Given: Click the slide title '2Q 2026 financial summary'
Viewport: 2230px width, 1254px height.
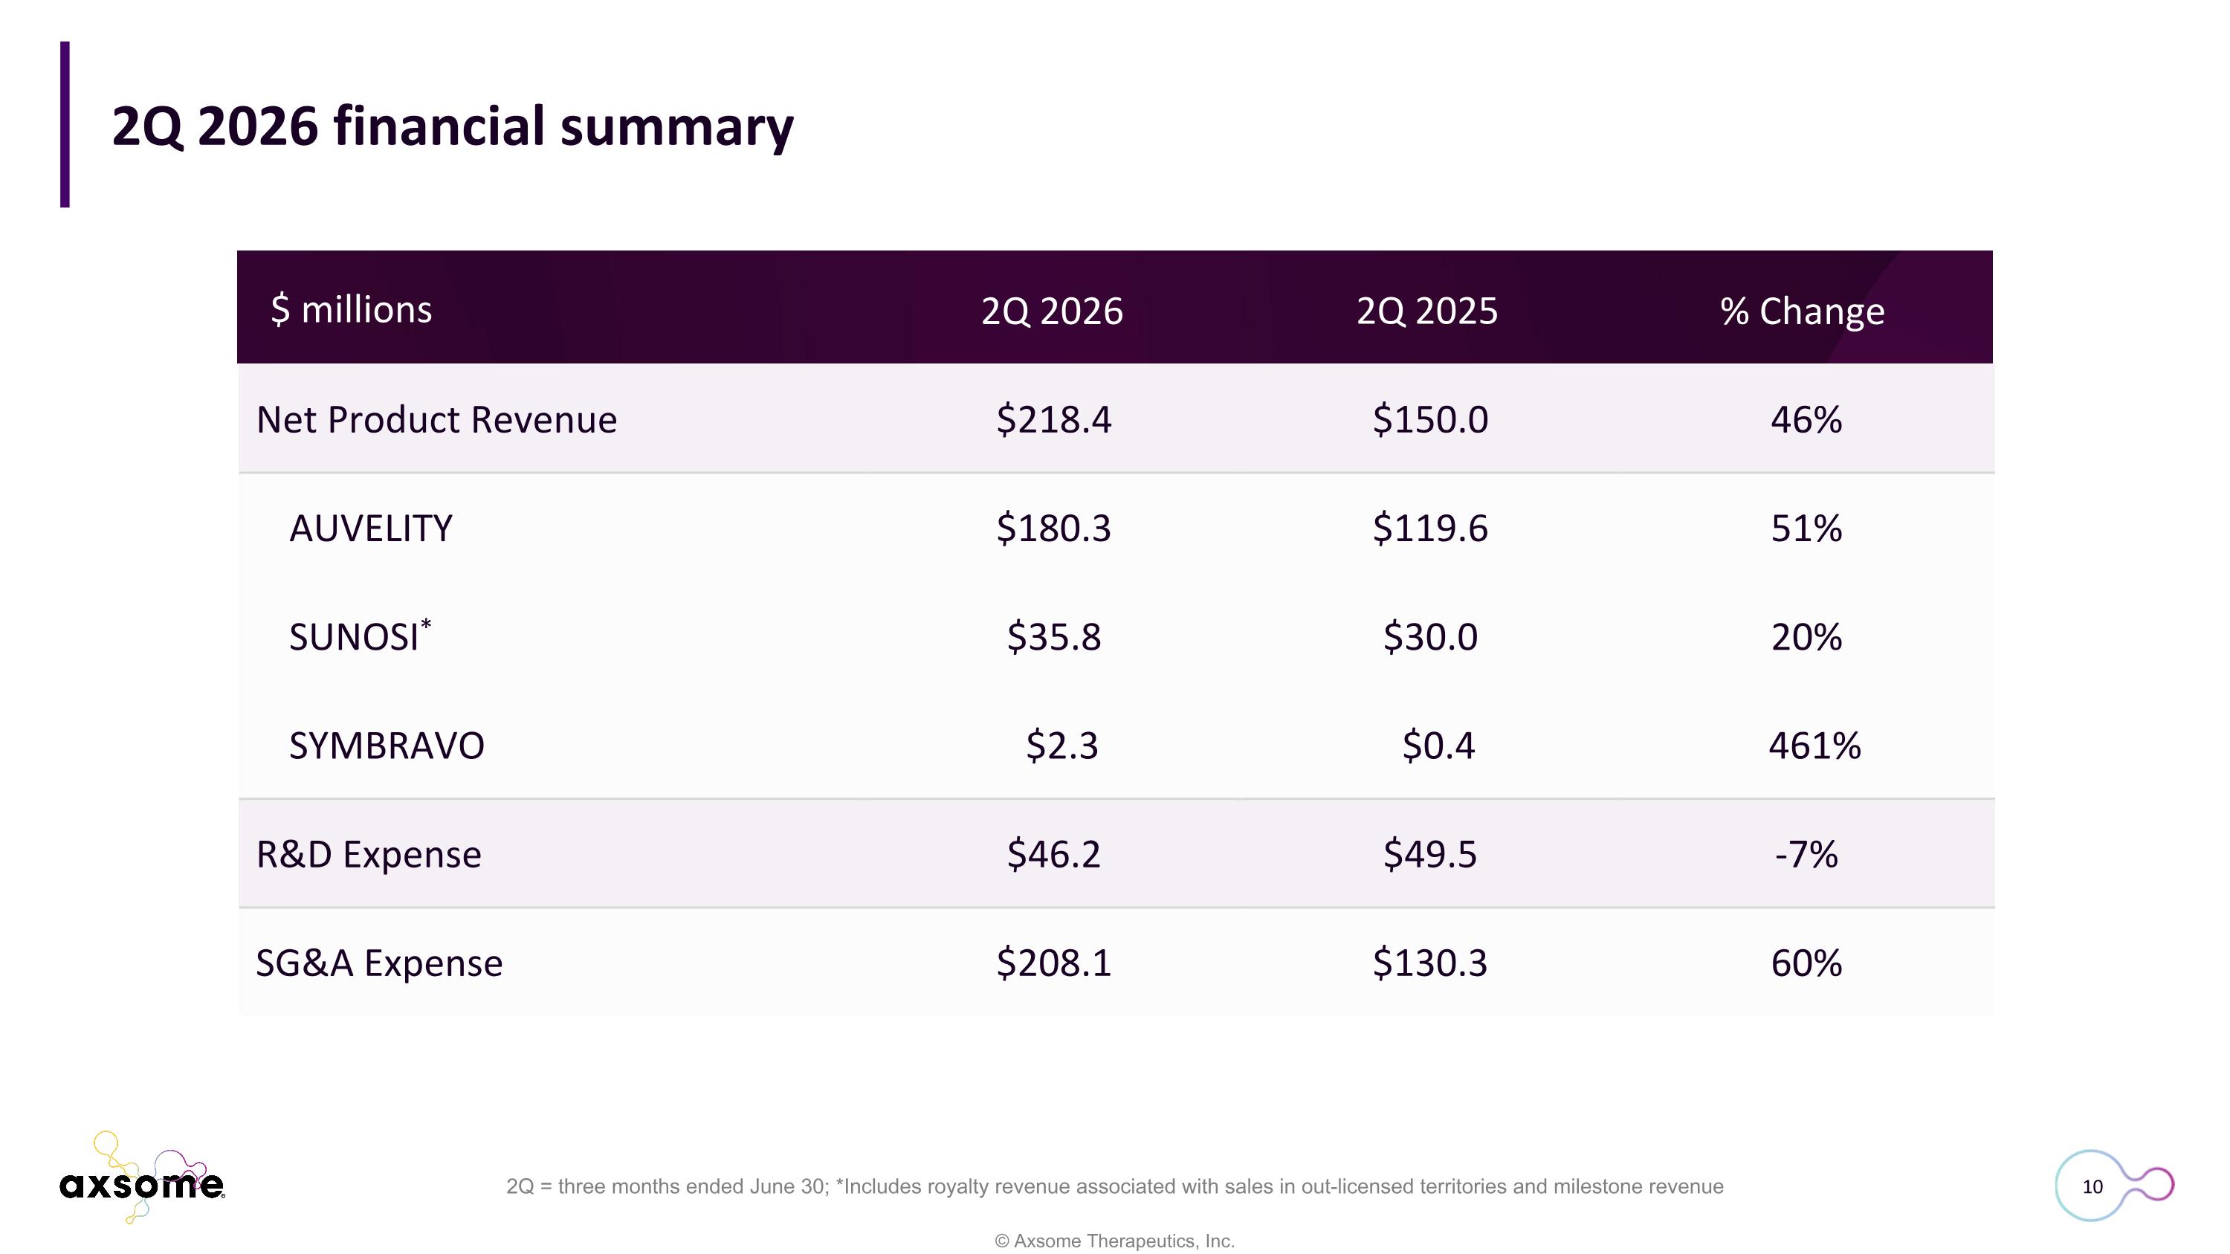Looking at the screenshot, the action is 453,127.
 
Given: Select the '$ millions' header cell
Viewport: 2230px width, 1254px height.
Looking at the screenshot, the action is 352,309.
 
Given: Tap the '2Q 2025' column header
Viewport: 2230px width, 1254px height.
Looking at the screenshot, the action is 1426,311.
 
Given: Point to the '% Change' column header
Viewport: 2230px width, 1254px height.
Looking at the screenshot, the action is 1803,311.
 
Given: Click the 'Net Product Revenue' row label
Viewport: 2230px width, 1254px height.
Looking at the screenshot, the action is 436,420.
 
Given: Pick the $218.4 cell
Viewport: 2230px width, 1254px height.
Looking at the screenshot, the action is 1053,420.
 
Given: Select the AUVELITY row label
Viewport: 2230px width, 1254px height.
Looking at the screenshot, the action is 370,529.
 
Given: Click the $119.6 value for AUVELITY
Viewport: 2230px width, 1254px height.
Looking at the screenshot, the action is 1430,528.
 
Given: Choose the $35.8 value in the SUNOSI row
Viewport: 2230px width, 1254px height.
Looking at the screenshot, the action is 1053,637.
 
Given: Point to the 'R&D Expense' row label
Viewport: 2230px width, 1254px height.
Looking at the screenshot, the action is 369,854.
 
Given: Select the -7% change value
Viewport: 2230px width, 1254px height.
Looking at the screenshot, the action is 1806,855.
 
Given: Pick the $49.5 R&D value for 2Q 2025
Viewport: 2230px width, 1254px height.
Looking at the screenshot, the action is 1430,854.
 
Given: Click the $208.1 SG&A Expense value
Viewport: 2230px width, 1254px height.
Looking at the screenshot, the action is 1053,963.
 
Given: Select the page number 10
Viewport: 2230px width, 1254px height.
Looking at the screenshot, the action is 2092,1186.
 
